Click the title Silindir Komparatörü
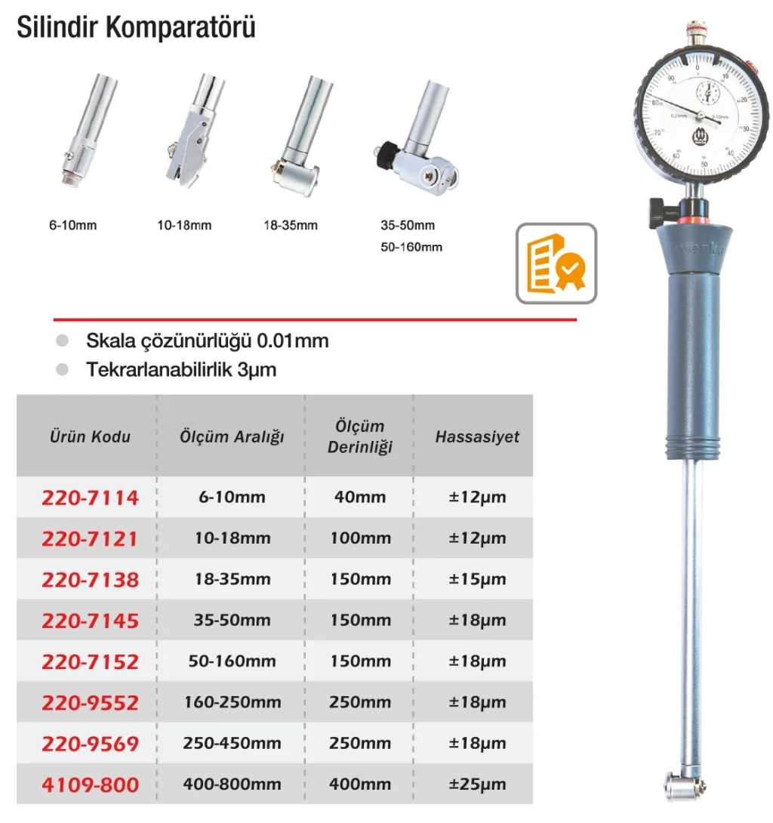click(136, 27)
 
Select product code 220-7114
click(90, 498)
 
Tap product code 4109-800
click(90, 784)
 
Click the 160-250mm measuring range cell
click(231, 702)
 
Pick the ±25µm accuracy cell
click(476, 784)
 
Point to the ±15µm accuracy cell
click(476, 580)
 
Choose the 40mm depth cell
click(359, 498)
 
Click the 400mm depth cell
click(359, 784)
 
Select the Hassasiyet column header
click(477, 436)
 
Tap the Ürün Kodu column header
click(90, 436)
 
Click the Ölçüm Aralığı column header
click(231, 436)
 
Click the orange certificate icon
click(556, 264)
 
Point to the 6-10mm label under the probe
click(73, 225)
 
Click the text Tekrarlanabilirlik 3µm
click(181, 370)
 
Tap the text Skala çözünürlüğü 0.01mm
click(208, 341)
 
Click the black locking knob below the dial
click(655, 205)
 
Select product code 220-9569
click(90, 744)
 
